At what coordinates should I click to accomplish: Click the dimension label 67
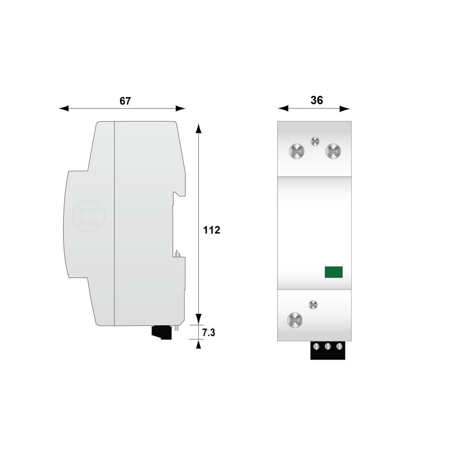pos(125,101)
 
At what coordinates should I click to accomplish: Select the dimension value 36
pos(316,100)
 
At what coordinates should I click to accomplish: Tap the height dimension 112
pos(212,230)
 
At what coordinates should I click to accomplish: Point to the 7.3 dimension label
pos(208,333)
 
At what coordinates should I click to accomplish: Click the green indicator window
pos(333,272)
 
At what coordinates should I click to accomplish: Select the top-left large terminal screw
pos(296,151)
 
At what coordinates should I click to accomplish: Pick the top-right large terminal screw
pos(333,151)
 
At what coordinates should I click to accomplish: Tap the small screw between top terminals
pos(315,142)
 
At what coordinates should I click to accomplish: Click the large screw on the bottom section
pos(295,320)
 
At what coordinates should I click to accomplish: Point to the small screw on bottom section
pos(313,305)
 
